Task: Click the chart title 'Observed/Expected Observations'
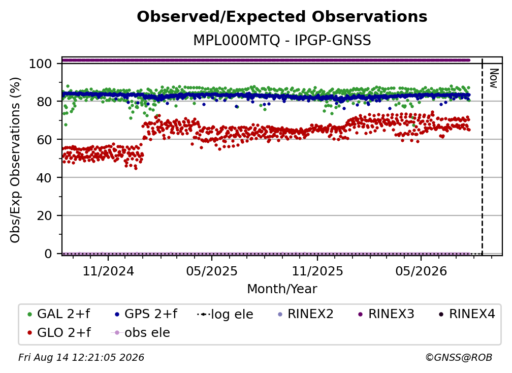282,17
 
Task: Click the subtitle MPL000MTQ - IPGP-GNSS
282,41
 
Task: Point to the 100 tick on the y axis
41,64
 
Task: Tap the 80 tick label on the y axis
44,102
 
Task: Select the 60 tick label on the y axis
44,139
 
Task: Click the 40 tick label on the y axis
44,178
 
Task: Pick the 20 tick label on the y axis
44,215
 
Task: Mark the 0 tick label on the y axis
48,254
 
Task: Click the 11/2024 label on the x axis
108,271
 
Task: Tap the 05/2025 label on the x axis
212,271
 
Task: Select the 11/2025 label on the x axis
317,271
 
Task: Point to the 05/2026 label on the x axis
421,271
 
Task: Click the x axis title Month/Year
282,289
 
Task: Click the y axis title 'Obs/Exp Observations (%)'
15,160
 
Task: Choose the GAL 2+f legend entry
59,314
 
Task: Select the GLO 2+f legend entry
59,333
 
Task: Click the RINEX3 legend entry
386,314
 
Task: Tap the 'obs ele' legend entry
141,333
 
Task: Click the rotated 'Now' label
494,78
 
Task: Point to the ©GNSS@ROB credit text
459,357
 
